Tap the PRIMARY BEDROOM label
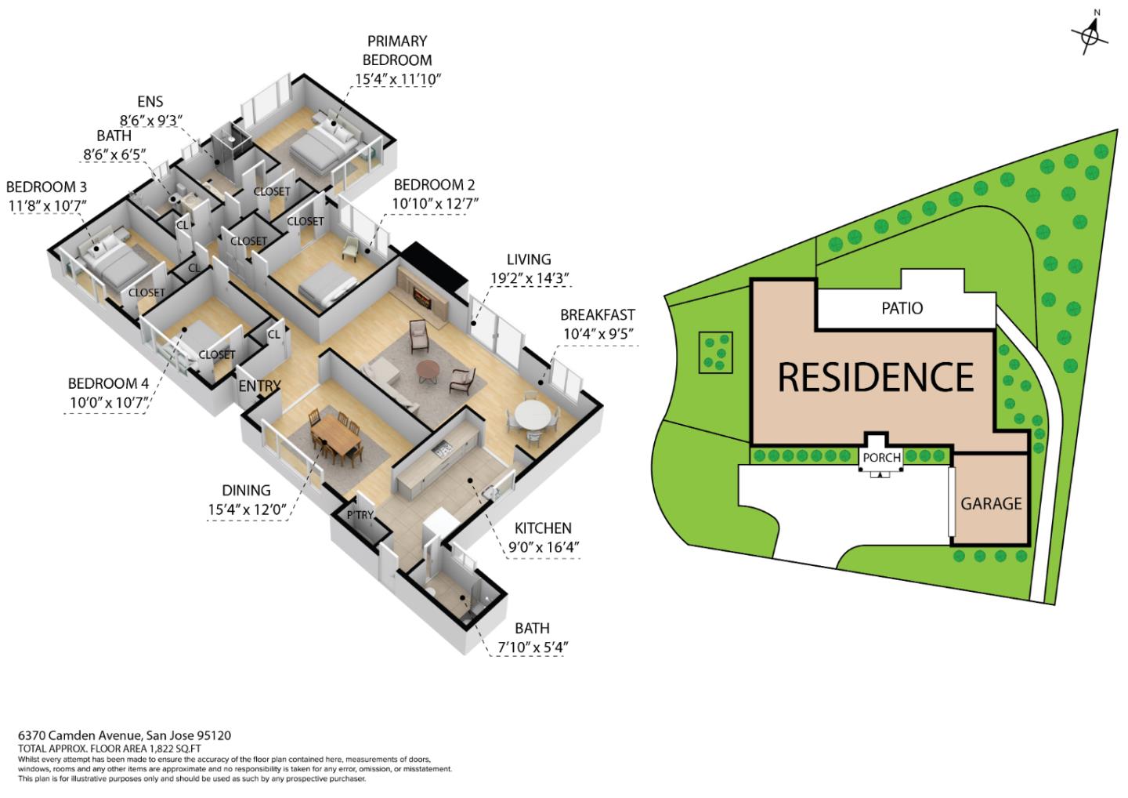click(x=397, y=50)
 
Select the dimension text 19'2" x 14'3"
click(x=530, y=278)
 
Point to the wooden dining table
click(x=336, y=434)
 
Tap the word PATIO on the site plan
click(x=902, y=308)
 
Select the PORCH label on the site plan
click(x=881, y=458)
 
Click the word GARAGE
click(x=991, y=503)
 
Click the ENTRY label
click(x=259, y=386)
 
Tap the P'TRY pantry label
click(x=360, y=515)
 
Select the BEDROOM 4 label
click(x=108, y=383)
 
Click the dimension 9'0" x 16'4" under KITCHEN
click(x=544, y=547)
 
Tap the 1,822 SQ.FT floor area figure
click(x=175, y=749)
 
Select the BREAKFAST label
click(x=598, y=315)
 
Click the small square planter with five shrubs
click(x=715, y=353)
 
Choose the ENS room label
click(x=150, y=101)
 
